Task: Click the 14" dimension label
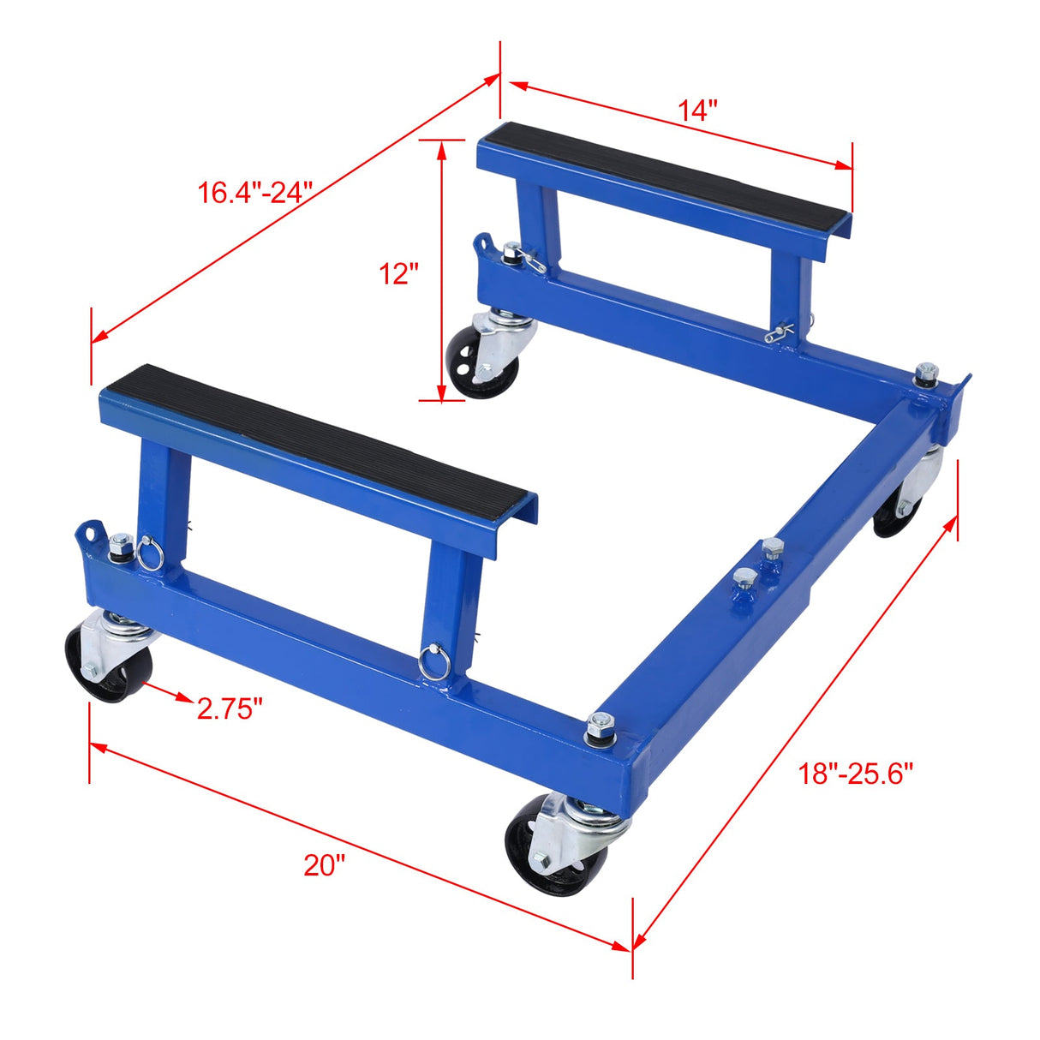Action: [x=697, y=111]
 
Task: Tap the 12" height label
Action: [x=399, y=274]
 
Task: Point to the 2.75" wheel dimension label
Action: [x=229, y=708]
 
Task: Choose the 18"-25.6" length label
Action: [x=856, y=774]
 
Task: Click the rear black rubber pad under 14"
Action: [x=669, y=170]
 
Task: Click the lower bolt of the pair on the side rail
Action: [x=744, y=582]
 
